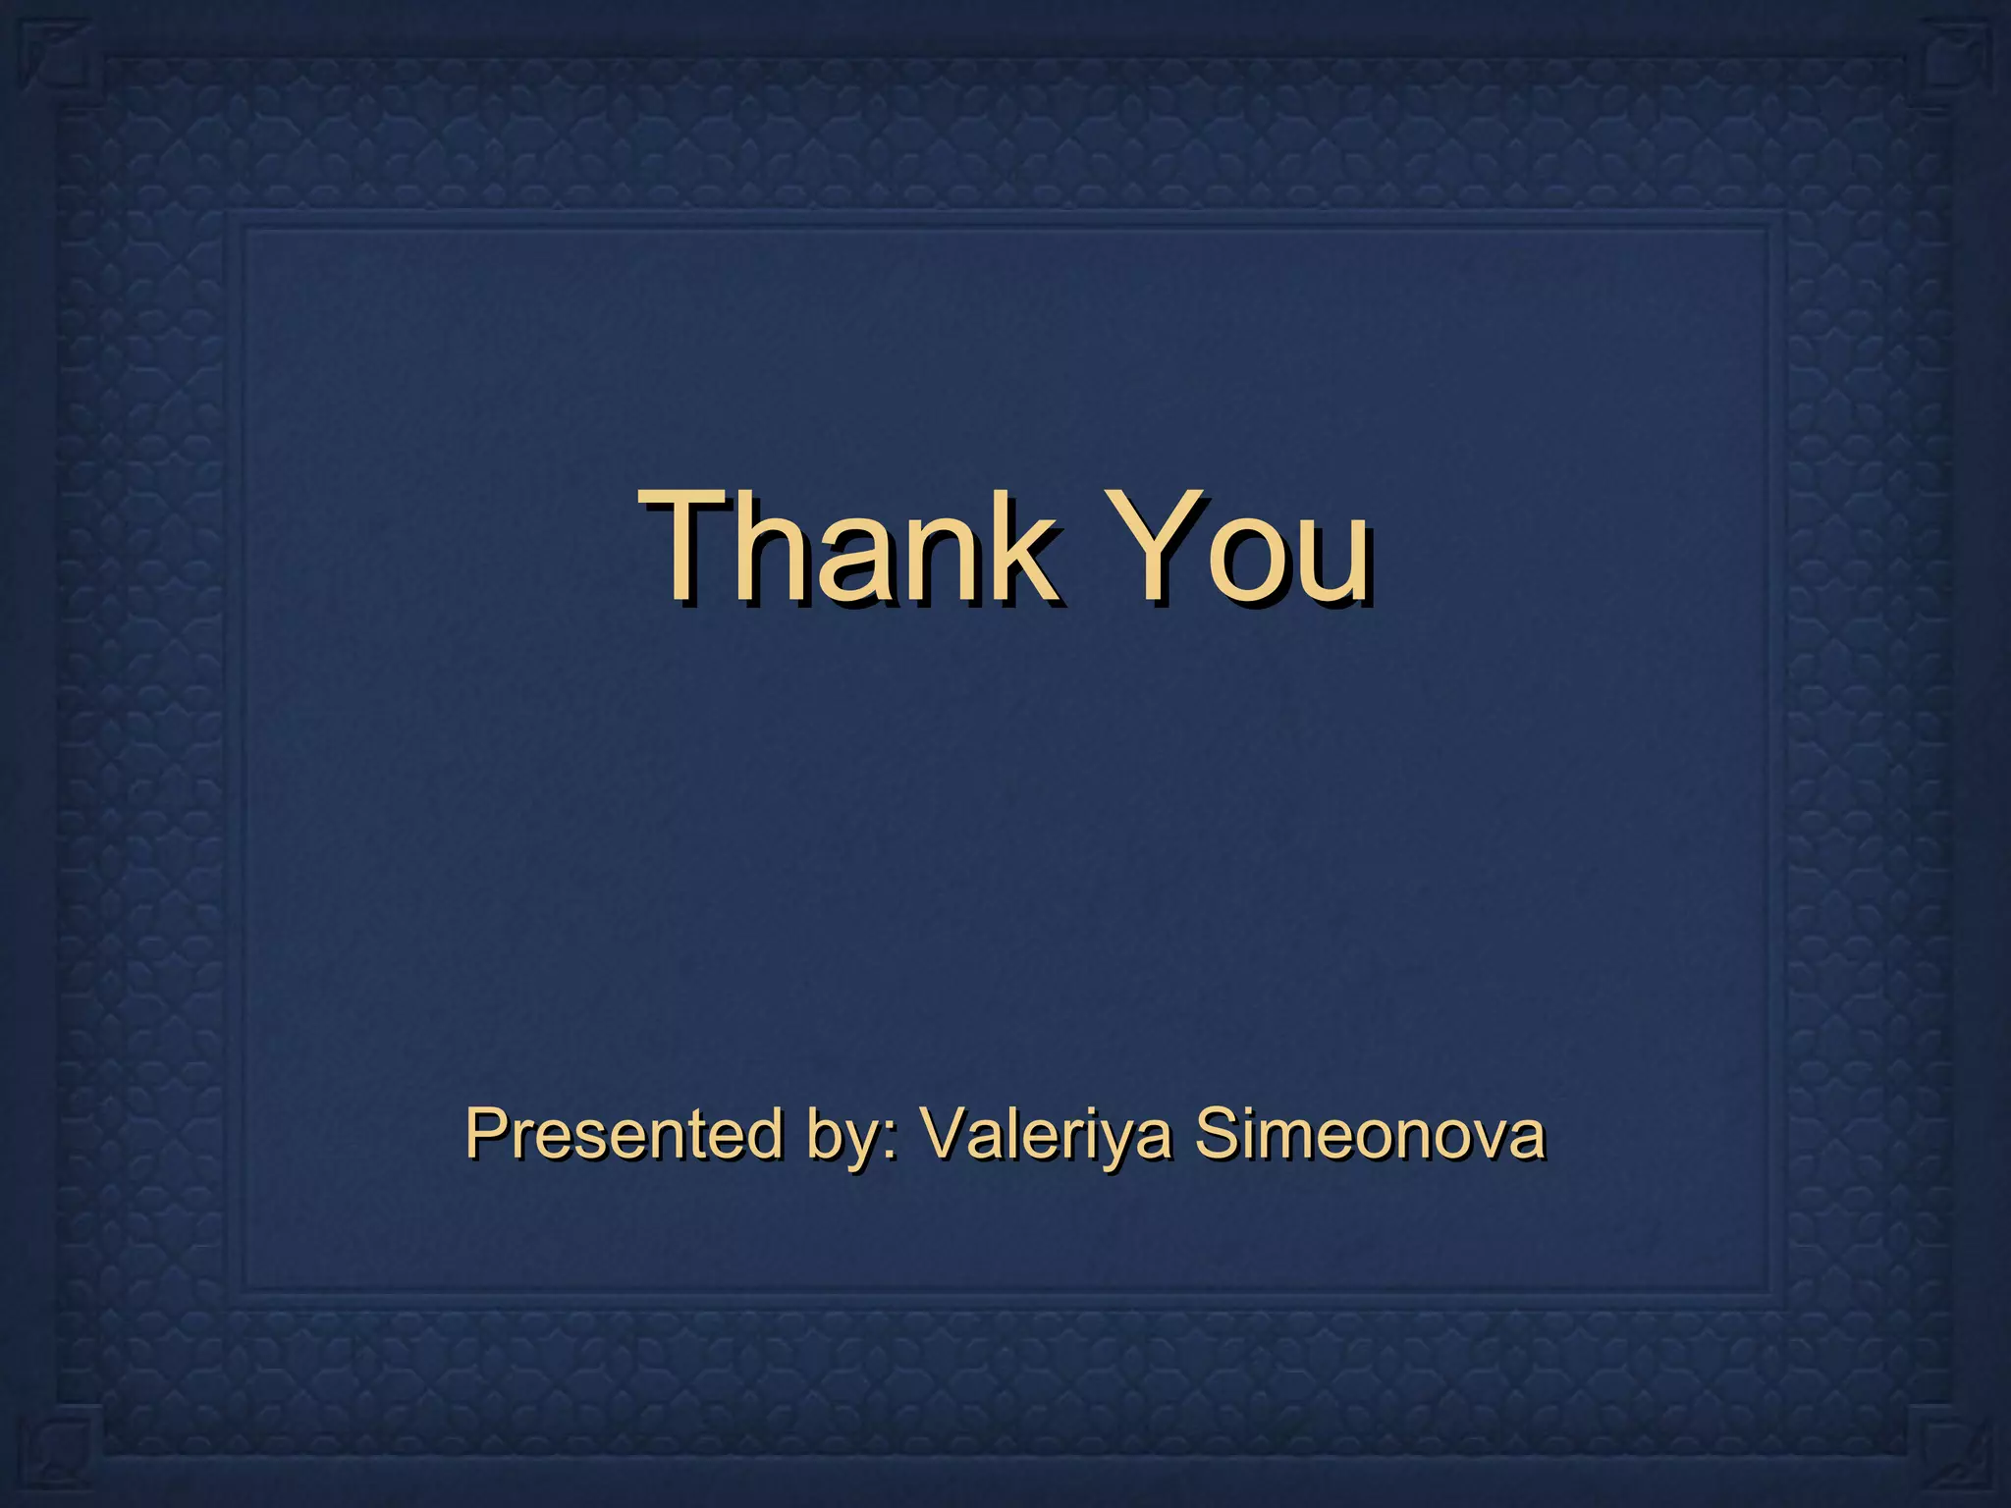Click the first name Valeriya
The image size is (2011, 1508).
pyautogui.click(x=1046, y=1135)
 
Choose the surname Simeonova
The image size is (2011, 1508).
pyautogui.click(x=1370, y=1133)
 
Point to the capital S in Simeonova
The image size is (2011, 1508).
pyautogui.click(x=1217, y=1133)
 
